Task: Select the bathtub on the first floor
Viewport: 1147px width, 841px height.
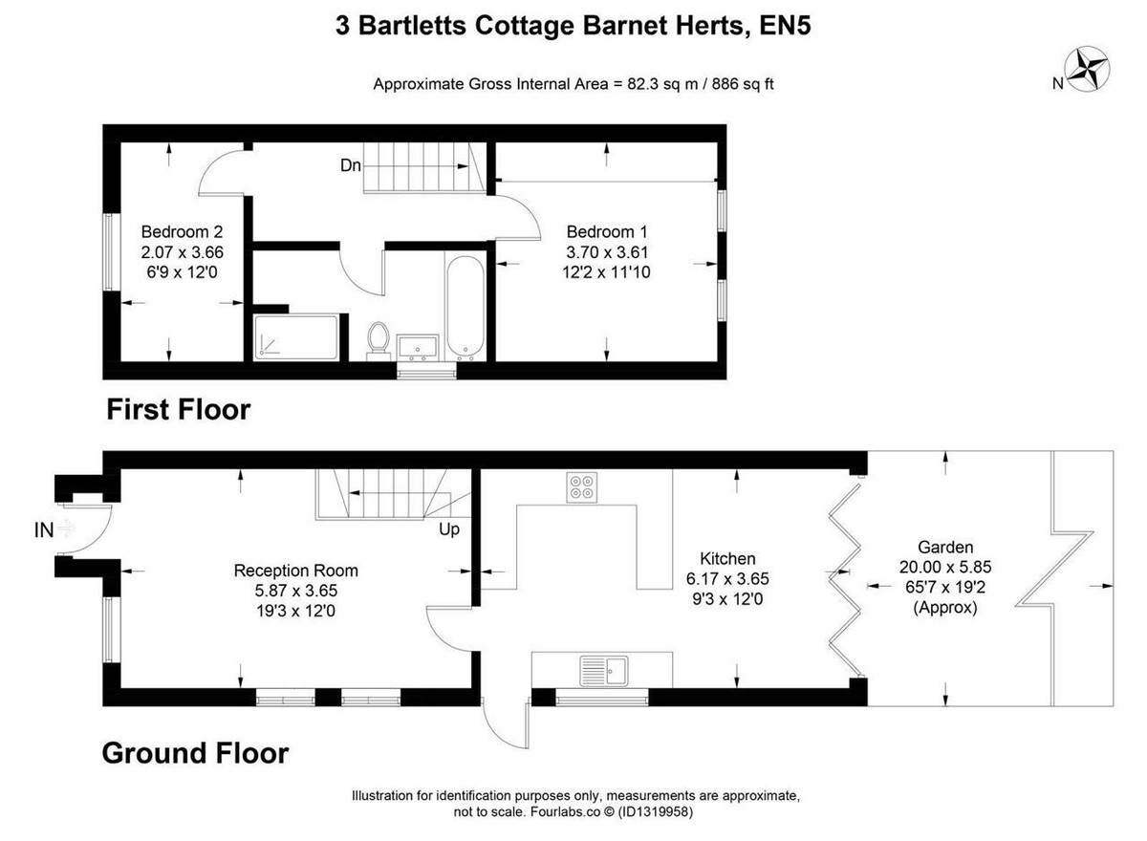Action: [x=465, y=306]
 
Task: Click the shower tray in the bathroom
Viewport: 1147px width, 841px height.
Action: [x=296, y=337]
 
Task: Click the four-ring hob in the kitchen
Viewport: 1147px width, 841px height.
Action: [x=582, y=487]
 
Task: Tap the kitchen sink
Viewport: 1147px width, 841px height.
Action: [x=604, y=671]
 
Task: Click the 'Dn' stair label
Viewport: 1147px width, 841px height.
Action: [x=351, y=165]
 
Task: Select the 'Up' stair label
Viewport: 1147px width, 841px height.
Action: [x=449, y=529]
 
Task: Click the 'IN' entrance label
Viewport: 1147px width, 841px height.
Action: [x=44, y=530]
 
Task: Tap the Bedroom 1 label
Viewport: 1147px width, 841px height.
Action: [x=607, y=232]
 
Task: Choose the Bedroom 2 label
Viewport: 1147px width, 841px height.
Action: [x=182, y=232]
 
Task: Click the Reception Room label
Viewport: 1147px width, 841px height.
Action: [x=296, y=571]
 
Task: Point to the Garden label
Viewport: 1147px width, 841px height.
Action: [x=945, y=548]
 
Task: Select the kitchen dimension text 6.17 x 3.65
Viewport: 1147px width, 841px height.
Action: [x=727, y=579]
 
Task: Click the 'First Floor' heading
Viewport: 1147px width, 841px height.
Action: [x=179, y=410]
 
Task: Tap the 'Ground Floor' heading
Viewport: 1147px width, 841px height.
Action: [x=196, y=753]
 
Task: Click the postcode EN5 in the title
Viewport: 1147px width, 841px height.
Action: [x=785, y=26]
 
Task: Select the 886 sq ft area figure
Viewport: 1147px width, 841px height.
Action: [x=743, y=83]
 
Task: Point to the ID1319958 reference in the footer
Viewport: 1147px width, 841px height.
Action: [x=656, y=811]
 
